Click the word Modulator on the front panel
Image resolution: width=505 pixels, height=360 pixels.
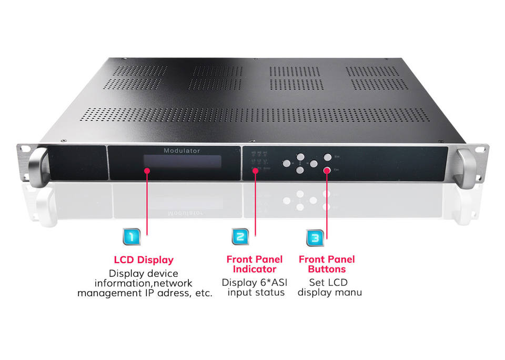coord(181,151)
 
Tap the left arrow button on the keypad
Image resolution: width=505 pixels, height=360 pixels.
coord(287,164)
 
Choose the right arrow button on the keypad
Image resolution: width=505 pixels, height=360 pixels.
coord(314,164)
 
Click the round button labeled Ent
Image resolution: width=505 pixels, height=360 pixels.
coord(327,157)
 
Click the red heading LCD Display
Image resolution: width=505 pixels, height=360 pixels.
coord(144,260)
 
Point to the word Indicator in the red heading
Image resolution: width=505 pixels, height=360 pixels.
coord(255,269)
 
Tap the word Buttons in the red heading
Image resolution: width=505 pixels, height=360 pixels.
coord(327,269)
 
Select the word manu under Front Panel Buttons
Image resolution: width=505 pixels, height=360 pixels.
coord(349,292)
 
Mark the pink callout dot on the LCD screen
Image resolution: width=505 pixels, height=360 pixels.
coord(147,171)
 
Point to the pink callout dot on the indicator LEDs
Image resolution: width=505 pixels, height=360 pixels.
coord(256,170)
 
